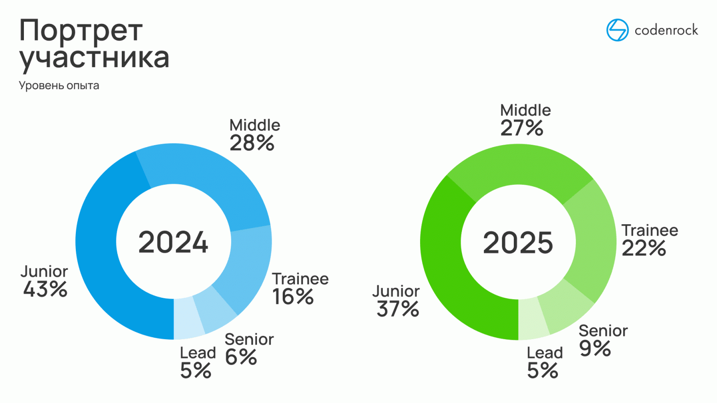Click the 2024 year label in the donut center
coord(173,243)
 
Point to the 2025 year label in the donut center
coord(518,243)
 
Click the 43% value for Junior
coord(46,289)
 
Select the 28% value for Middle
coord(252,143)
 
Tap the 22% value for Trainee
coord(643,249)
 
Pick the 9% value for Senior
coord(595,348)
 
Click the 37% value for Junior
coord(398,309)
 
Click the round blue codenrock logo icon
coord(617,30)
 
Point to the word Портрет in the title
coord(81,31)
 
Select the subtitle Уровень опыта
coord(59,85)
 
